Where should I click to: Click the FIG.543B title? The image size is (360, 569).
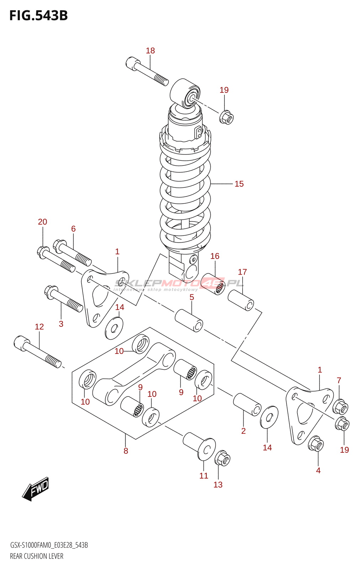[38, 16]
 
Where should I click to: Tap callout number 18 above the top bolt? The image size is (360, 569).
[150, 51]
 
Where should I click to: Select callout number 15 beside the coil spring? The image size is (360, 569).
[239, 184]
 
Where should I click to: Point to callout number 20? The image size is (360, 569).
[42, 222]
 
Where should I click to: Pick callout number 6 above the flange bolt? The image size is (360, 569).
[73, 229]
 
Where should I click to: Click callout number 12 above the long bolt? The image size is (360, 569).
[39, 327]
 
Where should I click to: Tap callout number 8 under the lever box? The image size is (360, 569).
[126, 451]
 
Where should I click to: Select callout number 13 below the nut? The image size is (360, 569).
[218, 485]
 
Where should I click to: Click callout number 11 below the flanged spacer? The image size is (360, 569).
[203, 476]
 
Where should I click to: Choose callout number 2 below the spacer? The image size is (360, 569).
[243, 431]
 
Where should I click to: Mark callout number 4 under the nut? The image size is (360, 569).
[318, 470]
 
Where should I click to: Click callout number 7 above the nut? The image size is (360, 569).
[339, 381]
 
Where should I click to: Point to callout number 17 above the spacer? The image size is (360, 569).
[242, 272]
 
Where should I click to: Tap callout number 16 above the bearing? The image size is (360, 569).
[215, 256]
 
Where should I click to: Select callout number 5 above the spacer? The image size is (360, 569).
[192, 297]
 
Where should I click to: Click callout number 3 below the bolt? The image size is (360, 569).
[61, 324]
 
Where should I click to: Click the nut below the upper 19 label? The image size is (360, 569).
[226, 117]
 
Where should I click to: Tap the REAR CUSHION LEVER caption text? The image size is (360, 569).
[37, 556]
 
